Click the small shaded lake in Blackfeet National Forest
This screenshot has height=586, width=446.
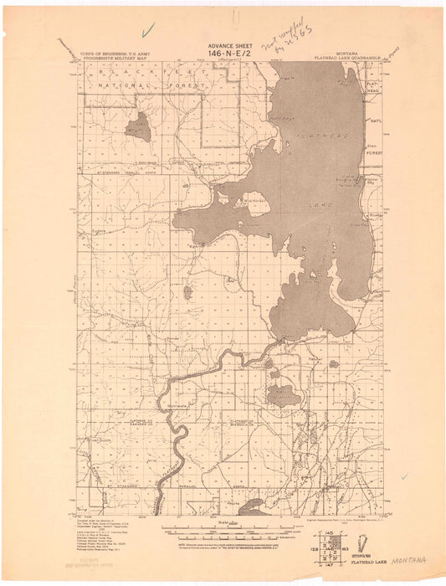[x=138, y=126]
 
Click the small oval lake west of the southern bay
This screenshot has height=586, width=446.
[x=187, y=292]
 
